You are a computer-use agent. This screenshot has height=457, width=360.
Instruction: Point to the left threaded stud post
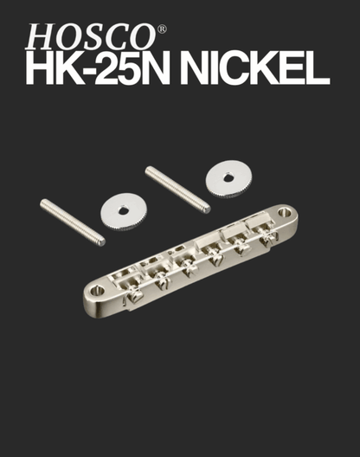click(x=73, y=222)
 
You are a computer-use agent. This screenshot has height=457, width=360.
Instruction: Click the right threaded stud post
click(x=177, y=190)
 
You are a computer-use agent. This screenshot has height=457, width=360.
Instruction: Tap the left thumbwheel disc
click(x=123, y=211)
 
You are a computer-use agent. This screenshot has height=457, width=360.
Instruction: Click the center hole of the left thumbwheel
click(x=123, y=210)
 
